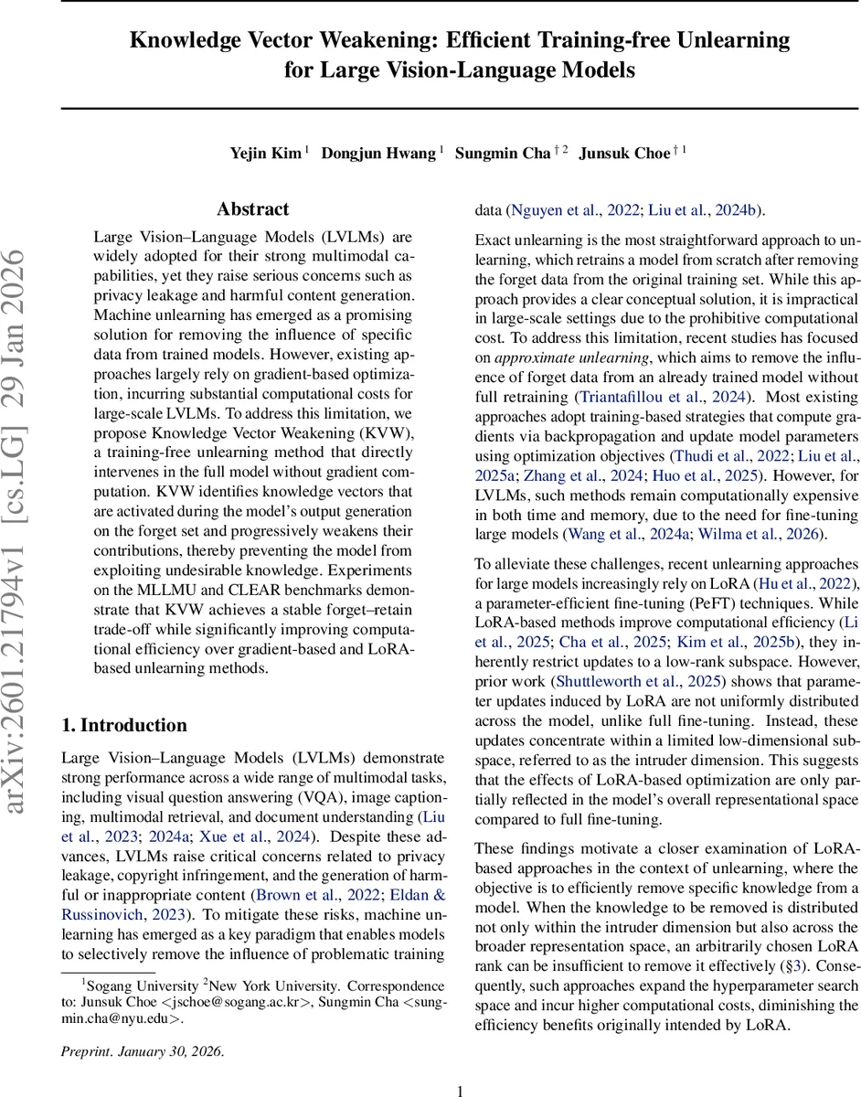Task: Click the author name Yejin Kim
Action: [264, 154]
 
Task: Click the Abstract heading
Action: [253, 209]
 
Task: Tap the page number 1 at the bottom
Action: [461, 1090]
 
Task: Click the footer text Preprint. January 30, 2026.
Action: [142, 1050]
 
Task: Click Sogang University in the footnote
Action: [143, 986]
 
